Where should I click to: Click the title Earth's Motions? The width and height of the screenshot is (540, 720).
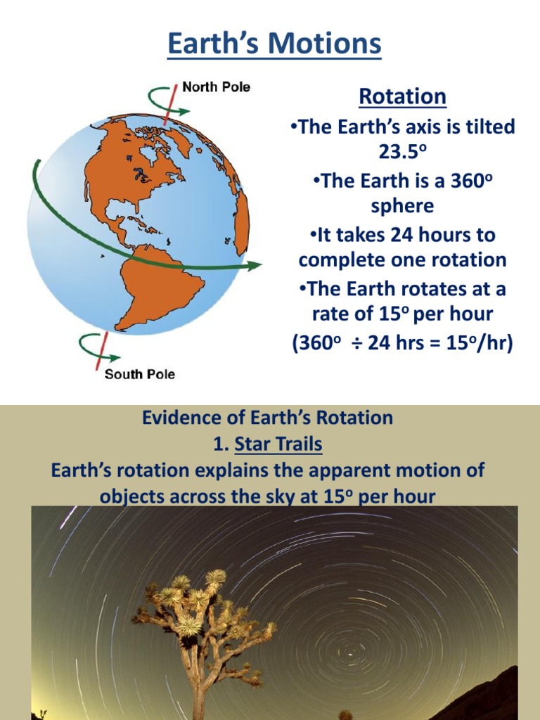(x=275, y=44)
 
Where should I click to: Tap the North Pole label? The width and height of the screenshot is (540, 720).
(x=216, y=87)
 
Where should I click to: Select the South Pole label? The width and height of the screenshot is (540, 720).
(x=139, y=374)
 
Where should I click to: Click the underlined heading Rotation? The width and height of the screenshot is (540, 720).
(x=402, y=96)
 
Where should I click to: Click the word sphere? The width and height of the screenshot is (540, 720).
(x=402, y=206)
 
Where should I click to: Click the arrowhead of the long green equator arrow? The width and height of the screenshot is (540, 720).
(x=255, y=265)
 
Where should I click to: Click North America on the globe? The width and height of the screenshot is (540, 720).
(x=134, y=169)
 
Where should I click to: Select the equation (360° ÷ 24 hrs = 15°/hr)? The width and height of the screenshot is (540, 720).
(x=402, y=345)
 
